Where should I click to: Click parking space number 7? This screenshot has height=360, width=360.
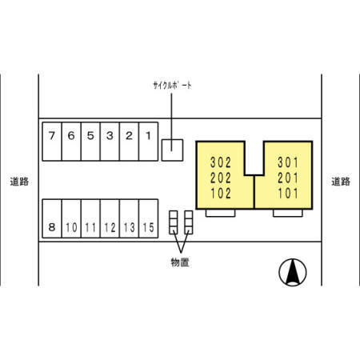pos(52,142)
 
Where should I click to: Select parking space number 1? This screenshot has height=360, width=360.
pos(149,142)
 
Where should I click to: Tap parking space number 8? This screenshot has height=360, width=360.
pos(52,218)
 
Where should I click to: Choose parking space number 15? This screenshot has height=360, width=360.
pos(149,218)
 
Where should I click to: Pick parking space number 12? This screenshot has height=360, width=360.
pos(110,218)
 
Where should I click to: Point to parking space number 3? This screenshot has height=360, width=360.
pos(110,142)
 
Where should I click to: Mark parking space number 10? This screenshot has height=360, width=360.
pos(71,218)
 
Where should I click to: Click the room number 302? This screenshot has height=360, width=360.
pos(221,162)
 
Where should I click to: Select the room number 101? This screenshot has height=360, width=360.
pos(288,194)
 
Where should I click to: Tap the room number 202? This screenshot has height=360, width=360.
pos(221,178)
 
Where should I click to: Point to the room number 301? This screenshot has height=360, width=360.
pos(288,162)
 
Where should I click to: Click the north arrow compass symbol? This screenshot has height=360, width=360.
pos(293,272)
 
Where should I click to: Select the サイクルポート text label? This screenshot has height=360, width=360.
pos(172,86)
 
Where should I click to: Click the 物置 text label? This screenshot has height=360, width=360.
pos(180,262)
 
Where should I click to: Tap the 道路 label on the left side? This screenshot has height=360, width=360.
pos(19,182)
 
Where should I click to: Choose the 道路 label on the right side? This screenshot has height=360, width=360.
pos(341,182)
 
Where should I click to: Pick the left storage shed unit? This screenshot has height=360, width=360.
pos(174,222)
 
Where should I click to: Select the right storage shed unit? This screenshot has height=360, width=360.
pos(189,222)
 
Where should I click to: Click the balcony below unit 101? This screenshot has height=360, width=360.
pos(288,213)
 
